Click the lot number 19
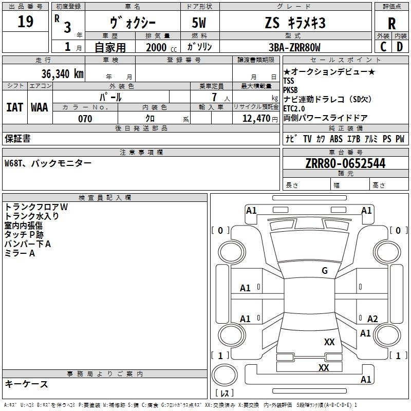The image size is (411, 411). pos(25,22)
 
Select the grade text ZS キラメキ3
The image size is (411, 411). pos(295,23)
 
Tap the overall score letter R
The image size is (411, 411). pos(391,24)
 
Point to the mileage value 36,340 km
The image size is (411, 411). pos(62,74)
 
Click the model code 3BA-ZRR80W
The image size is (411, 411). pos(294,47)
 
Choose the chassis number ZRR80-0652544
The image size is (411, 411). pos(345,163)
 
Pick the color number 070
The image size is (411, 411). pos(85,119)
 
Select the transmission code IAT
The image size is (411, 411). pos(15,107)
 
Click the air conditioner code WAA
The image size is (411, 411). pos(40,107)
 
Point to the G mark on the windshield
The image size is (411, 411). pos(325,271)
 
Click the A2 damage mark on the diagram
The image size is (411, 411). pos(372,319)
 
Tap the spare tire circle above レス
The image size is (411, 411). pos(225,375)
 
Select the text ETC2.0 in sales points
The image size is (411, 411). pos(294,108)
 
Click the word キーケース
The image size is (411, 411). pos(27,384)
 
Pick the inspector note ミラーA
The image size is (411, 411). pos(20,253)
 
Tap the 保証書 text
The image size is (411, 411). pos(17,139)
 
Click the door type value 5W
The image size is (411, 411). pos(199,23)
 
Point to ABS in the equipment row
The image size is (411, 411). pos(336,139)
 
